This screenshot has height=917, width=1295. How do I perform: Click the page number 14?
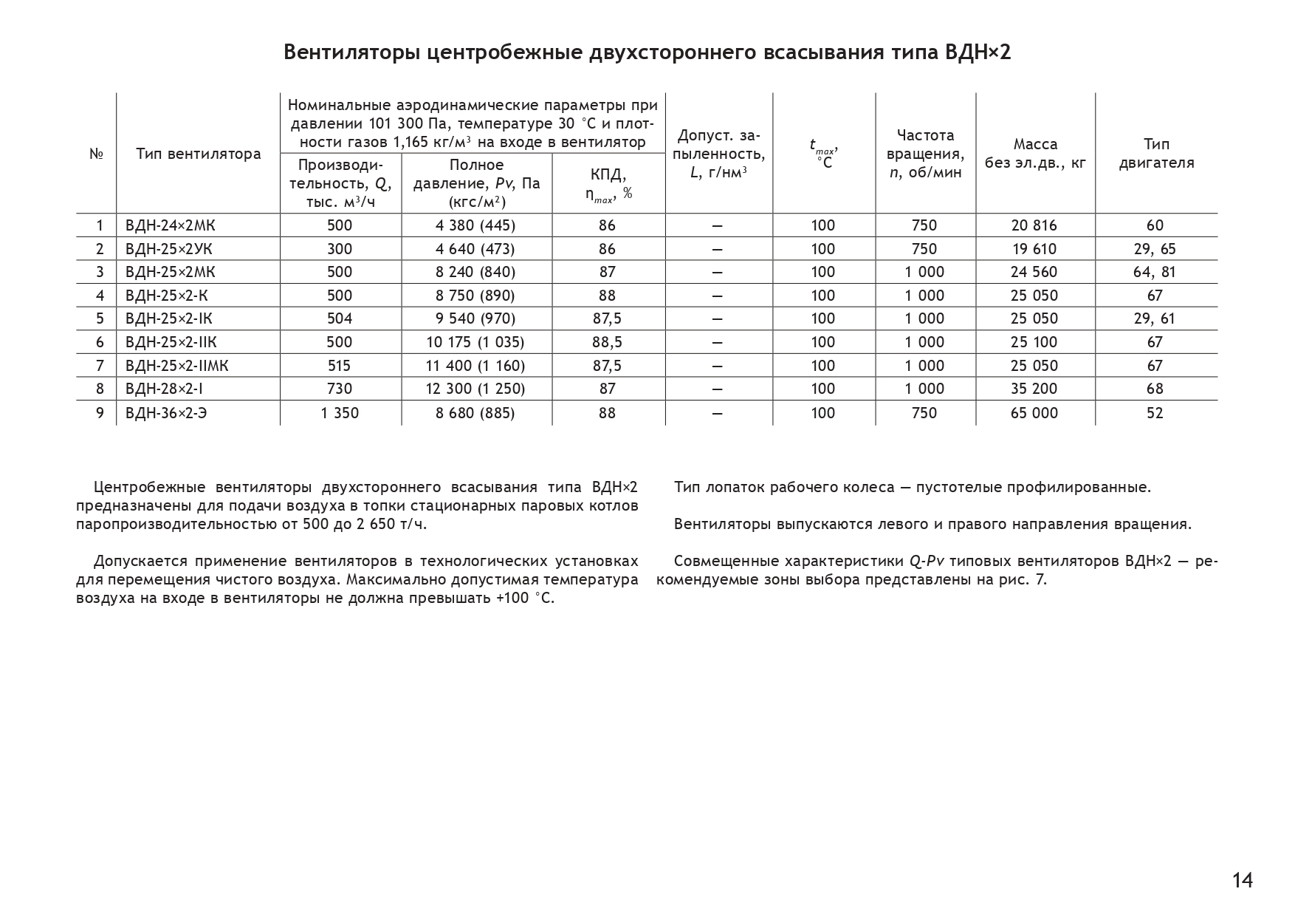pos(1242,880)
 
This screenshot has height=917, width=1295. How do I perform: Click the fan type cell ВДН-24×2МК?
pos(170,225)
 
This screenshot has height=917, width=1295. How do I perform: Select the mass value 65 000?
pos(1034,413)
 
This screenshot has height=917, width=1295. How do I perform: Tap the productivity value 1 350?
pos(340,413)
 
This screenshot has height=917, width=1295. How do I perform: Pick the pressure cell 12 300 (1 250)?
pos(475,389)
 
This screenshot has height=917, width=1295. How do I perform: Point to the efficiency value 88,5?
pos(607,342)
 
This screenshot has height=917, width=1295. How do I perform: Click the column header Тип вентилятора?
pos(198,154)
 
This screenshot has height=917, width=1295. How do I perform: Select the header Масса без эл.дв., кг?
pos(1035,154)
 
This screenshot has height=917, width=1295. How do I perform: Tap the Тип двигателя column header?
pos(1156,154)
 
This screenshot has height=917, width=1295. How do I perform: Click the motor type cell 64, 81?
pos(1155,272)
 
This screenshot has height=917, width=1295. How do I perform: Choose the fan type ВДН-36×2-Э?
pos(166,413)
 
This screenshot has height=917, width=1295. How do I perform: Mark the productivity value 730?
pos(340,389)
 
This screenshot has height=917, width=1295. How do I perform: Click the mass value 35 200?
pos(1034,389)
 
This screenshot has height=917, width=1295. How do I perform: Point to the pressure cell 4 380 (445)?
pos(475,225)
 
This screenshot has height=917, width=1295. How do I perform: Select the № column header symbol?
pos(96,154)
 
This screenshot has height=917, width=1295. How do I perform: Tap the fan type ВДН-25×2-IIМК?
pos(177,366)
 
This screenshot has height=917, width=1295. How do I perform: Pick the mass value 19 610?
pos(1034,249)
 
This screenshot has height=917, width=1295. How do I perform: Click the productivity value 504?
pos(340,318)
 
